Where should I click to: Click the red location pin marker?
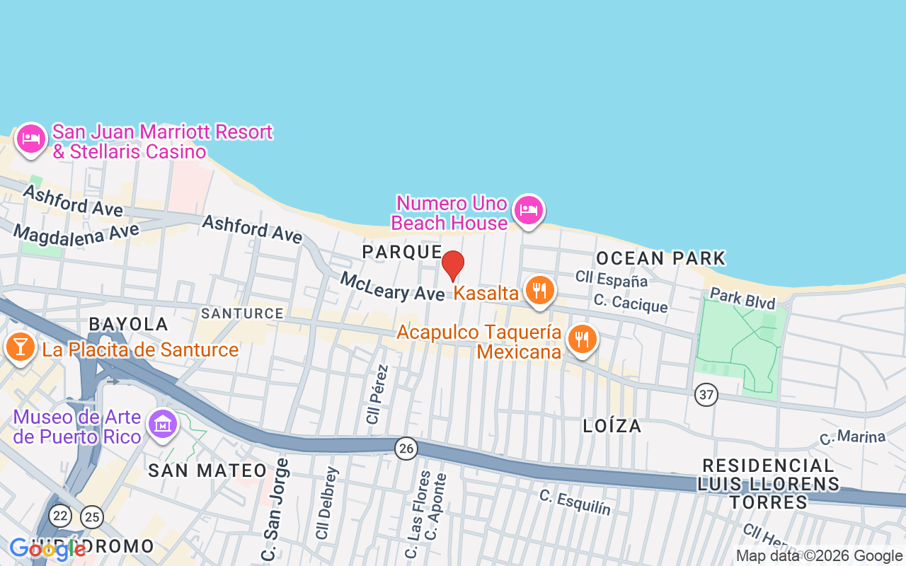(x=453, y=266)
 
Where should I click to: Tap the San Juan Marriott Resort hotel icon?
(x=30, y=139)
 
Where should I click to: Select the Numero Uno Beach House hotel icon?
(x=529, y=210)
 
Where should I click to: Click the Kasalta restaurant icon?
(x=539, y=290)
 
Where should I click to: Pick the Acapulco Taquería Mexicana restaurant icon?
(x=582, y=339)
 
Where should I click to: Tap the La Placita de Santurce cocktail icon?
(x=21, y=347)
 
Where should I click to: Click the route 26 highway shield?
(x=406, y=448)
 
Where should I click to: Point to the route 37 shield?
(x=706, y=395)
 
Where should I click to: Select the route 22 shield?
(x=61, y=514)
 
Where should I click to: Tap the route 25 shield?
(x=91, y=517)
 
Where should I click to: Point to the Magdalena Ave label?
(x=76, y=233)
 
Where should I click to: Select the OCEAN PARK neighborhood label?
(x=661, y=258)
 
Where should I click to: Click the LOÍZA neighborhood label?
(x=612, y=426)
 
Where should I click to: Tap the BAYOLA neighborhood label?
(x=128, y=324)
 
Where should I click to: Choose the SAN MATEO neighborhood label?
(x=207, y=470)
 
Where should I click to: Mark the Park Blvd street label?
(x=742, y=298)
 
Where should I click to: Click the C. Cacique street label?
(x=631, y=303)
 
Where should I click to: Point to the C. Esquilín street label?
(x=575, y=502)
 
